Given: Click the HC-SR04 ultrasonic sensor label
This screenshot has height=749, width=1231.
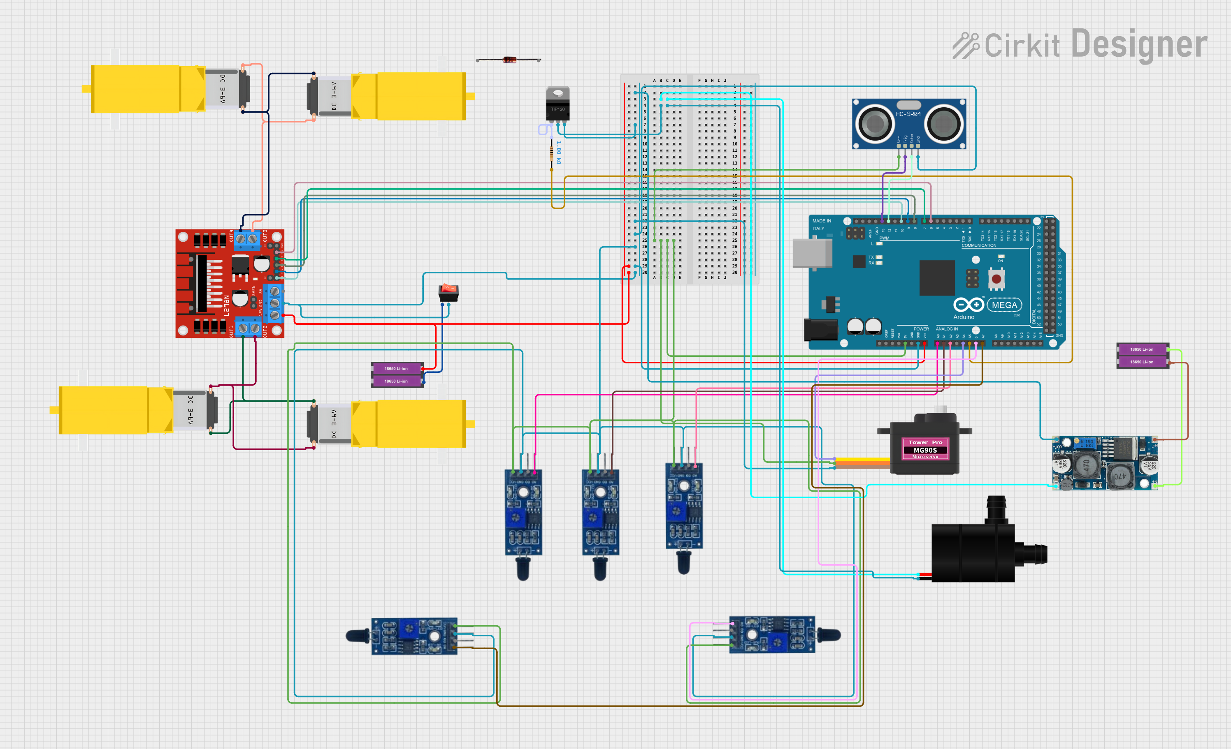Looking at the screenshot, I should click(x=908, y=114).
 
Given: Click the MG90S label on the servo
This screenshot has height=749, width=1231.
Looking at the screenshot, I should click(x=925, y=450).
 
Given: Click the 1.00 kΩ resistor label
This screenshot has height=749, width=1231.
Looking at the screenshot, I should click(x=559, y=153).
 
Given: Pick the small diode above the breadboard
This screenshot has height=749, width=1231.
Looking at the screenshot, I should click(x=509, y=60).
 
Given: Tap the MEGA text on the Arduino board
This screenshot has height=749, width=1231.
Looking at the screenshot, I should click(x=1004, y=305).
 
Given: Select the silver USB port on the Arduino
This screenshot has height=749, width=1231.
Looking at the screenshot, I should click(x=812, y=253).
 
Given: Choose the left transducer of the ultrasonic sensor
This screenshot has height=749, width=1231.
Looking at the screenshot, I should click(x=875, y=124).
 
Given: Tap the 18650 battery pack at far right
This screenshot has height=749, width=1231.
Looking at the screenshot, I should click(x=1142, y=356).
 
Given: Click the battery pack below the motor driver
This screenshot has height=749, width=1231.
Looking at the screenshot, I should click(x=397, y=375).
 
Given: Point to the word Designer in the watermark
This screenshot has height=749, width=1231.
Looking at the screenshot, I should click(x=1139, y=45).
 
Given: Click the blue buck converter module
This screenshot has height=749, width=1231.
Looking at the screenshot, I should click(x=1104, y=463).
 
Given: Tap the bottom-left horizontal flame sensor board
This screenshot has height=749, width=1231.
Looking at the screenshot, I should click(x=414, y=636).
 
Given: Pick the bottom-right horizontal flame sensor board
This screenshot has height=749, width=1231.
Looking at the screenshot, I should click(x=772, y=635).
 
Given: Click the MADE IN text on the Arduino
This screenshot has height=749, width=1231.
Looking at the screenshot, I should click(x=821, y=221).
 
